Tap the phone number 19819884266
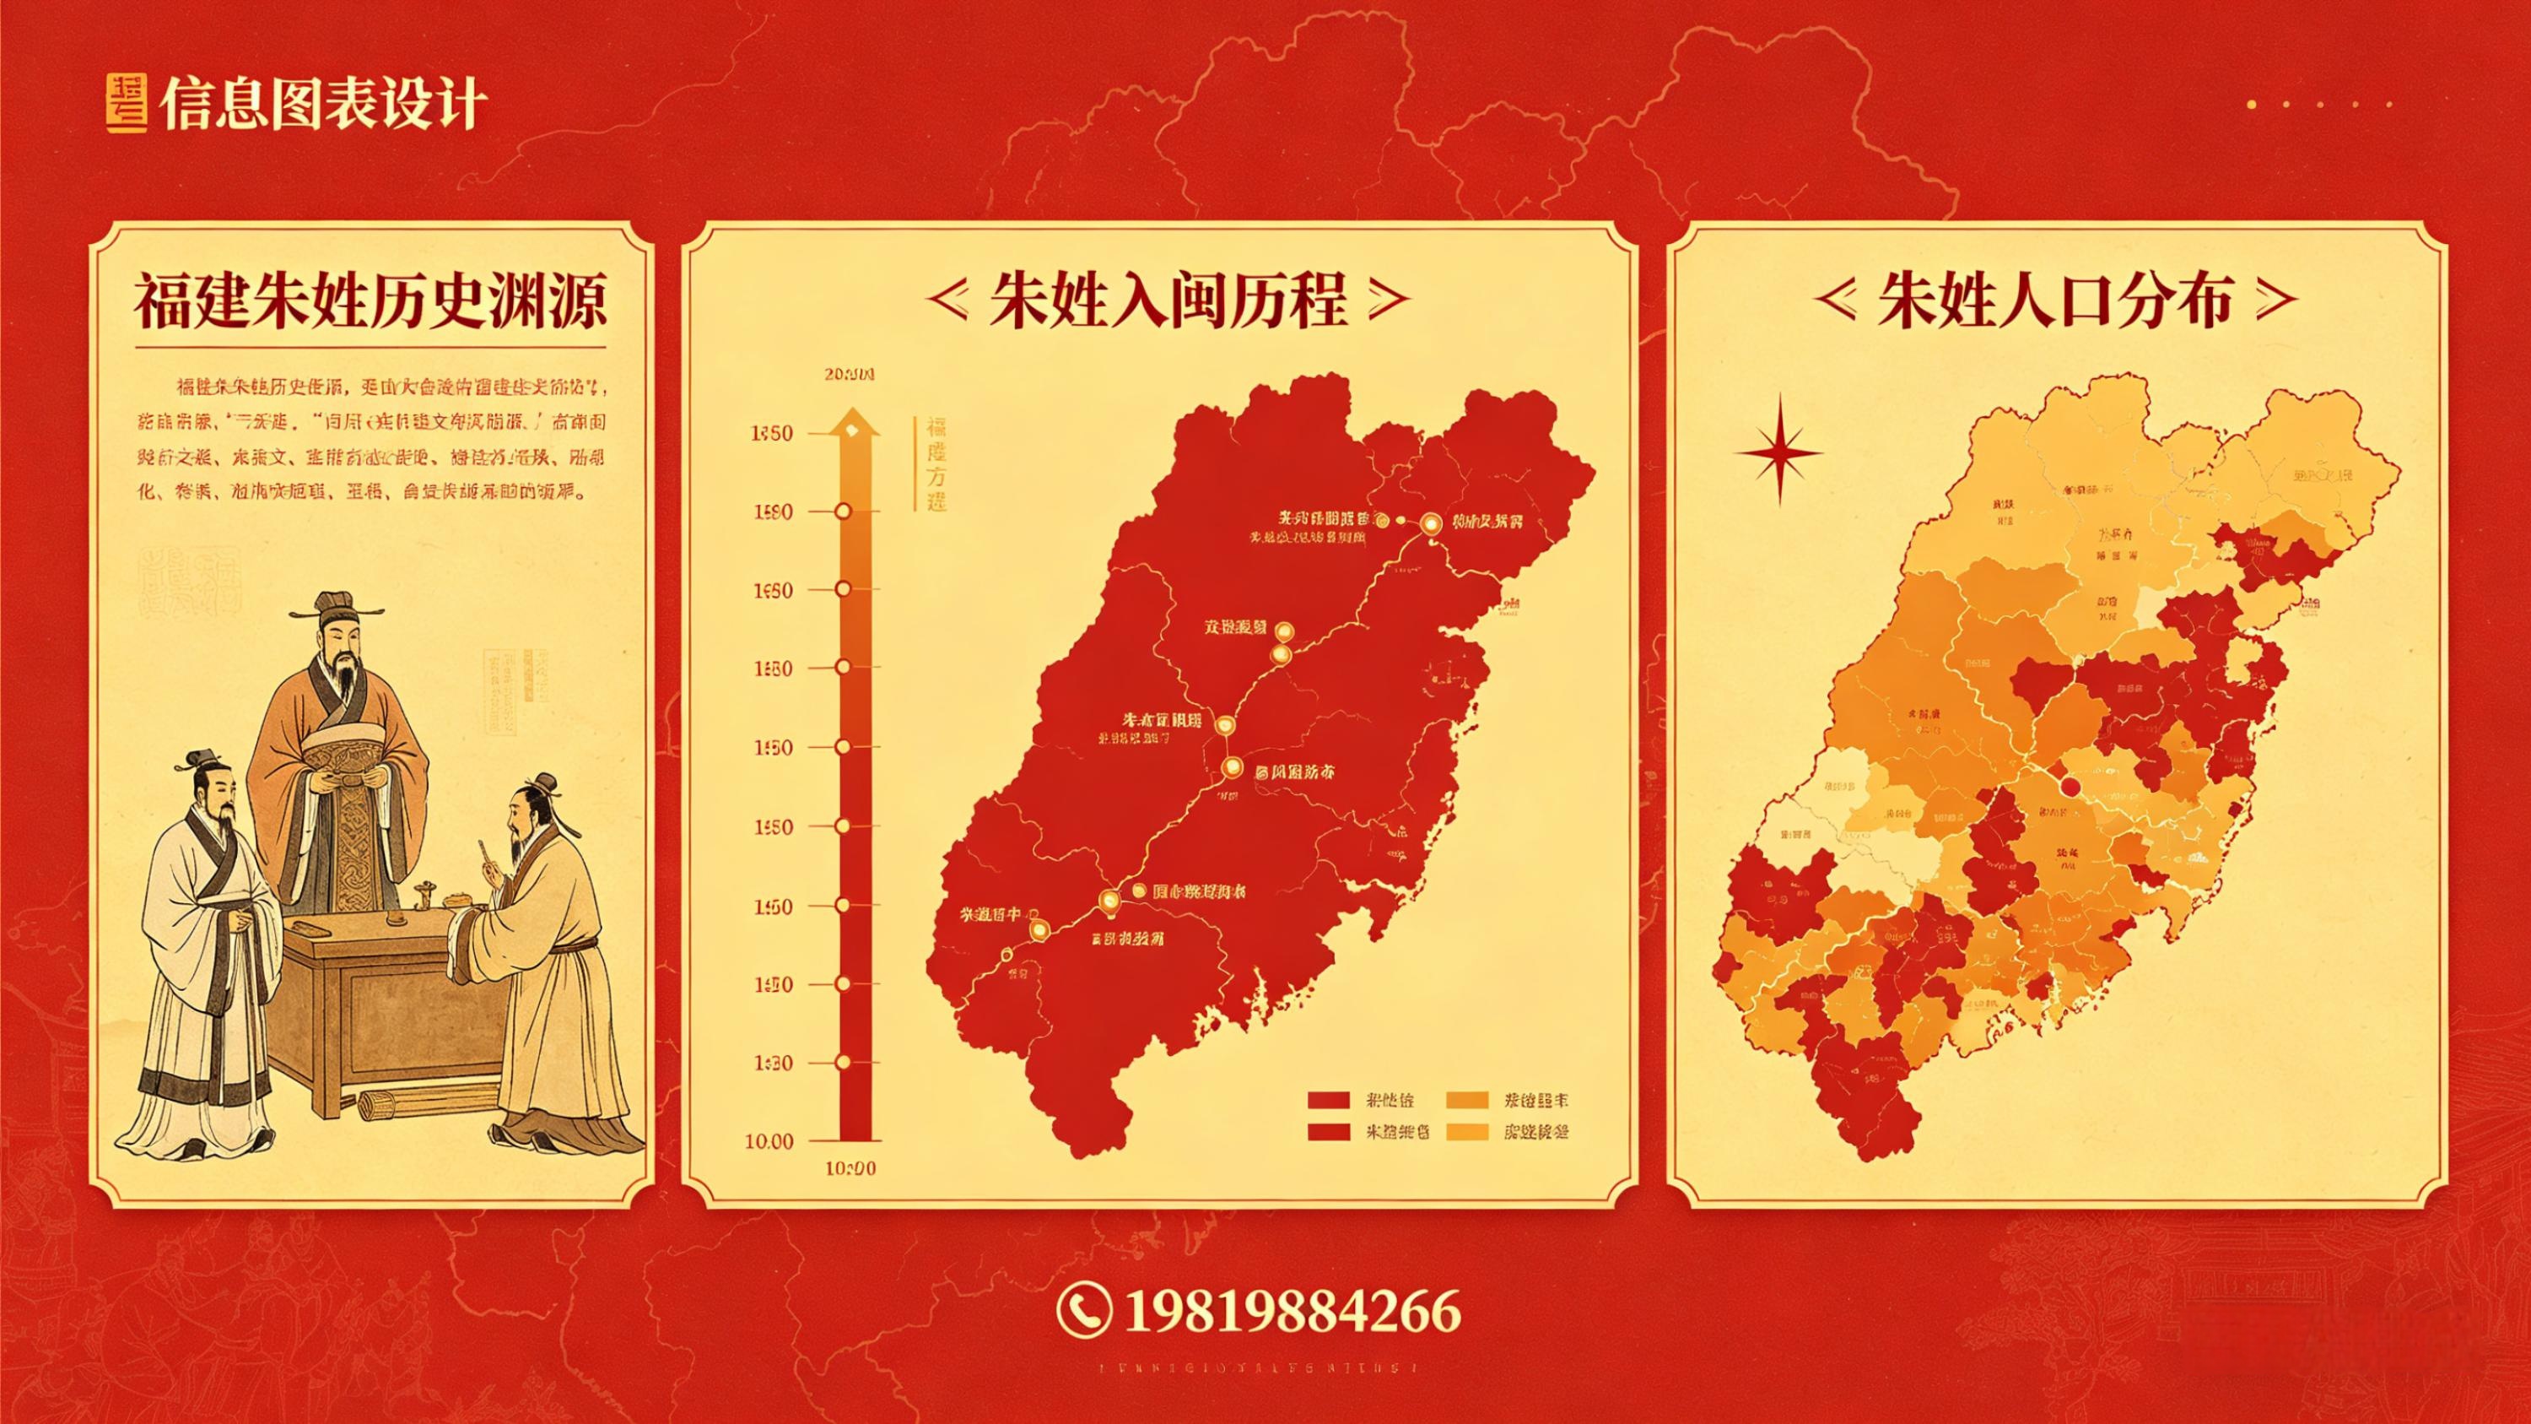[1291, 1310]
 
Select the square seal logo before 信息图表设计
[126, 102]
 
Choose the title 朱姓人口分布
[2053, 300]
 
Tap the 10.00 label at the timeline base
[769, 1141]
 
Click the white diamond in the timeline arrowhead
[852, 429]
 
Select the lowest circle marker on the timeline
[842, 1063]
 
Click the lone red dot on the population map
[2070, 786]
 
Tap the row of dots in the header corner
[2318, 103]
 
